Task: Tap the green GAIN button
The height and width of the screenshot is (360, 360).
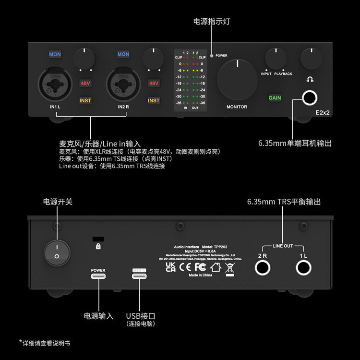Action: point(275,98)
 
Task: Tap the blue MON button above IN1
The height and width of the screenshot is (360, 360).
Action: point(55,54)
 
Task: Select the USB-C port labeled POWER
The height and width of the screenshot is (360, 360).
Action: point(98,277)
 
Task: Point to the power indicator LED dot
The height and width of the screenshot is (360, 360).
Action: point(212,56)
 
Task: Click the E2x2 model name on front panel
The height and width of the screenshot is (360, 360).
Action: point(323,113)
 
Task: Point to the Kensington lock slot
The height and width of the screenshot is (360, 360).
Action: point(98,239)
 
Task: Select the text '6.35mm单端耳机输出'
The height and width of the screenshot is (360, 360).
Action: point(294,143)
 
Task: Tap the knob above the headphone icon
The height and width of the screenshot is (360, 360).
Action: point(311,58)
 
